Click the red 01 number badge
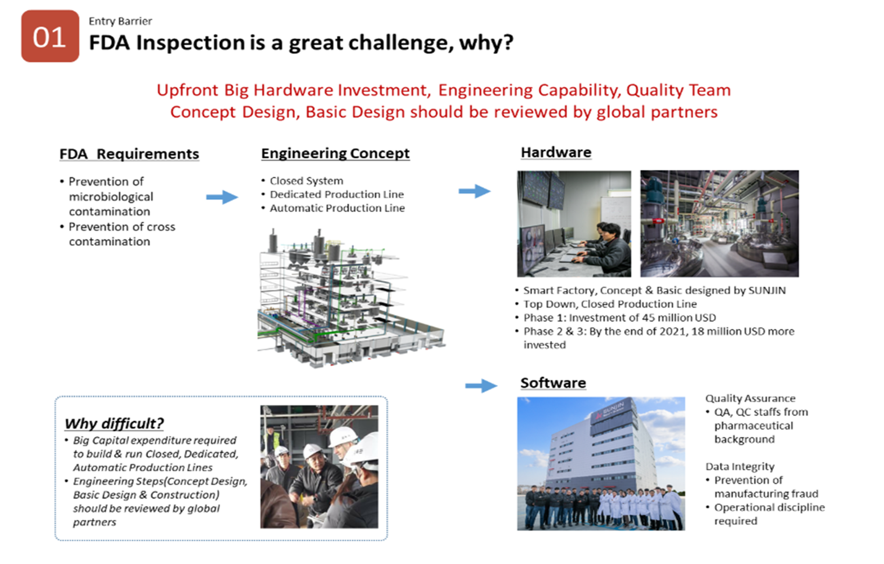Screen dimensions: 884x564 [50, 36]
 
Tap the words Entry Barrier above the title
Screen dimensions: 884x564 [120, 21]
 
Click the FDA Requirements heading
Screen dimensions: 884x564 [129, 154]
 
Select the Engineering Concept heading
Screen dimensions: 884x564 [336, 153]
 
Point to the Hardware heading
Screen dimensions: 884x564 [556, 152]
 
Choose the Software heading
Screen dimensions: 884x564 [553, 382]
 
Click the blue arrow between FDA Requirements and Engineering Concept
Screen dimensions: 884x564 [222, 197]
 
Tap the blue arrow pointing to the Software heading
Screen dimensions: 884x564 [481, 386]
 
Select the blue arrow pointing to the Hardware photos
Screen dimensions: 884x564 [475, 191]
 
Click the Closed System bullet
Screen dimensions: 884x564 [302, 181]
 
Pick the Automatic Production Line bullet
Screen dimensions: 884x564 [333, 208]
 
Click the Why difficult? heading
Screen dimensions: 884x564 [114, 423]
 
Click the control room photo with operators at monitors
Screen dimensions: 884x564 [574, 224]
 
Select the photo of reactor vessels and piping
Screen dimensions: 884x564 [720, 224]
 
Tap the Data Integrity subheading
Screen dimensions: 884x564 [740, 466]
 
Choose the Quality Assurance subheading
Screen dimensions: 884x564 [750, 398]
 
